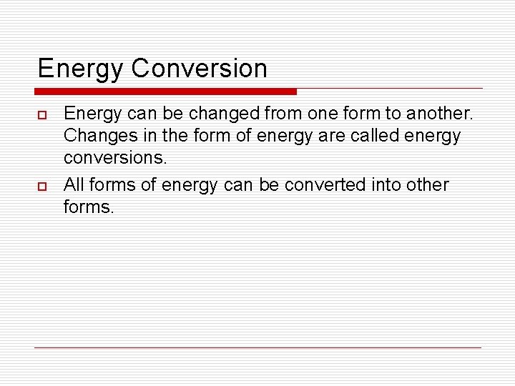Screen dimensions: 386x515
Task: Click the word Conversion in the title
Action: pos(200,69)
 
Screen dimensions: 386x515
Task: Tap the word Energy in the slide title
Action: pos(81,69)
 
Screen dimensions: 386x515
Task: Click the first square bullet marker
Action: pos(41,114)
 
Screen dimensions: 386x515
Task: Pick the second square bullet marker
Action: pos(41,187)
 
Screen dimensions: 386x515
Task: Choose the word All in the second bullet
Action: pos(74,184)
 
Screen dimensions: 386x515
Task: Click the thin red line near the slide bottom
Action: pos(257,347)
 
